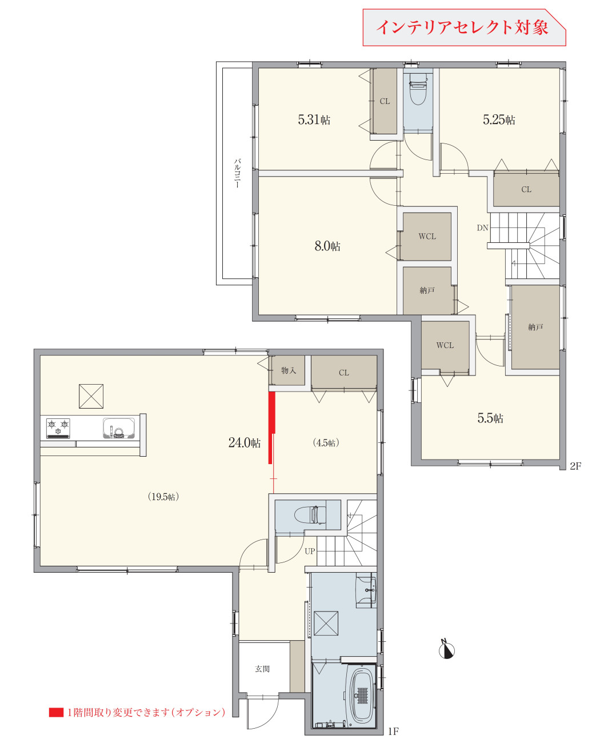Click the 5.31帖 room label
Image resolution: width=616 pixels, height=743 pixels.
coord(314,119)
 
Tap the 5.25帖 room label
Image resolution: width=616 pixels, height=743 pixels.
coord(498,119)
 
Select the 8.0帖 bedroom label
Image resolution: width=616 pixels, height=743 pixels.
coord(327,246)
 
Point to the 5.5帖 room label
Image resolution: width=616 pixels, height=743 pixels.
coord(490,418)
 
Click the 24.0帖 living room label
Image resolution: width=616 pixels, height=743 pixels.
coord(244,442)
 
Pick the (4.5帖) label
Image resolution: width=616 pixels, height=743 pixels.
coord(326,443)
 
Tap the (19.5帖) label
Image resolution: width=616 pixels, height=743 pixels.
coord(163,497)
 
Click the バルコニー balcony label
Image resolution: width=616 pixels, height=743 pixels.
coord(237,173)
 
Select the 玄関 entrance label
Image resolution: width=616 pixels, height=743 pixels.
coord(262,669)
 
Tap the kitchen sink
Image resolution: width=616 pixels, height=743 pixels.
coord(119,428)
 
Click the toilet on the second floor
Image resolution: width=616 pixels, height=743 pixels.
coord(418,89)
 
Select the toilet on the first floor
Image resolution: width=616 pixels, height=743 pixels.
coord(310,515)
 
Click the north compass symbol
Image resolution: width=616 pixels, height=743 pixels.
coord(447,650)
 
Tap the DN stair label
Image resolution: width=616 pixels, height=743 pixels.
coord(482,227)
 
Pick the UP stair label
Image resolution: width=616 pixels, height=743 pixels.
coord(310,551)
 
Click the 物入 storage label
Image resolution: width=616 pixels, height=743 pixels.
coord(288,370)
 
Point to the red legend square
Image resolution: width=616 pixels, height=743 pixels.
coord(56,712)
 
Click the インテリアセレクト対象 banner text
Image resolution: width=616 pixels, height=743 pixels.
coord(462,27)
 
